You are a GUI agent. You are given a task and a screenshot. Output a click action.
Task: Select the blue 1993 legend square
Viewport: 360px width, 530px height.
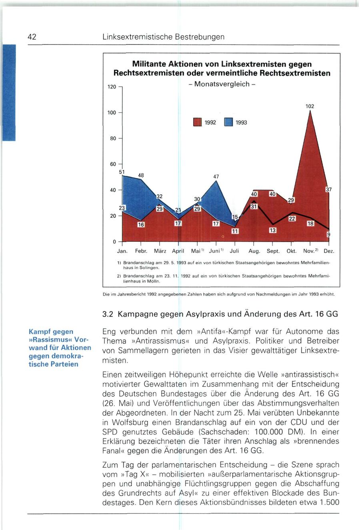228,123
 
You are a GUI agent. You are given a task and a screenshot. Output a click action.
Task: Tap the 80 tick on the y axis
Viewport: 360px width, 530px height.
112,138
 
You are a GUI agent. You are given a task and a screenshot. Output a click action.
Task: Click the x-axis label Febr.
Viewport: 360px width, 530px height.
141,251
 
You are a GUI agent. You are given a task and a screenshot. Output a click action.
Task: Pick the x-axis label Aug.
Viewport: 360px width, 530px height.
254,251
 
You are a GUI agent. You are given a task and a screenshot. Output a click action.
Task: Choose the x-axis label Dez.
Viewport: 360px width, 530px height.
328,251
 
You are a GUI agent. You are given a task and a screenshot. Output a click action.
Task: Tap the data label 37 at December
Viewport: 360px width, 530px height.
329,189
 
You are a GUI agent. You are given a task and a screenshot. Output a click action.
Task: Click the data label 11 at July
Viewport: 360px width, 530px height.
235,231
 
